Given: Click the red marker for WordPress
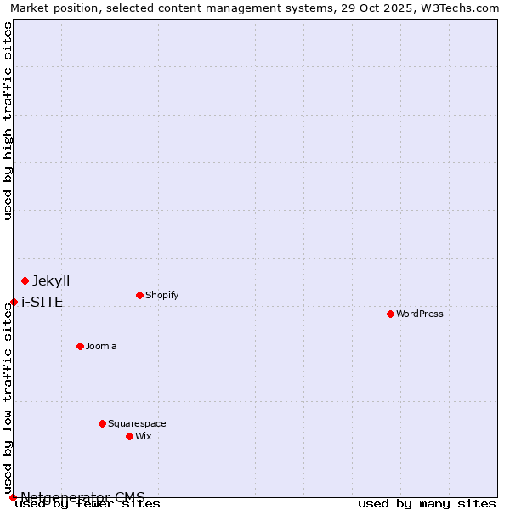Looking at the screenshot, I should (x=390, y=314).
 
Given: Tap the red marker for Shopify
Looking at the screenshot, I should (x=139, y=295).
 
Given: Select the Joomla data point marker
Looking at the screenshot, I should (x=80, y=346).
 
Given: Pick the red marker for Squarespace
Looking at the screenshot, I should (x=102, y=423).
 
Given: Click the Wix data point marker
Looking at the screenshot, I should (x=129, y=436).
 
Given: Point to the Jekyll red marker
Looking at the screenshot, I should (x=25, y=280).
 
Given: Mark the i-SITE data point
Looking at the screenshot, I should (x=14, y=302).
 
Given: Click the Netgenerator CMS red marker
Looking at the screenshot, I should (x=13, y=497).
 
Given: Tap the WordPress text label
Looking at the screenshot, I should (x=420, y=314).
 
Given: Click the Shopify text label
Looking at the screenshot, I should (x=161, y=295).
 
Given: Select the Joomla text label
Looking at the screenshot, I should (x=101, y=346).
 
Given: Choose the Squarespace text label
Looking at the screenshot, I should (x=137, y=423).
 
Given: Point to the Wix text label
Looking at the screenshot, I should (x=144, y=436).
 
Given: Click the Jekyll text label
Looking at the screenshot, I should (x=51, y=280).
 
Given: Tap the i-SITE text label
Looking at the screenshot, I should (x=42, y=302).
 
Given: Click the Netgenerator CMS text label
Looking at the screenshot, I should (x=82, y=497).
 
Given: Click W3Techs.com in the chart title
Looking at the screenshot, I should (x=456, y=8).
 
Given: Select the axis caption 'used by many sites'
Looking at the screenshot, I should (x=427, y=504).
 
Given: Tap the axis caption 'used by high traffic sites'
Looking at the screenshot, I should (x=8, y=121).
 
